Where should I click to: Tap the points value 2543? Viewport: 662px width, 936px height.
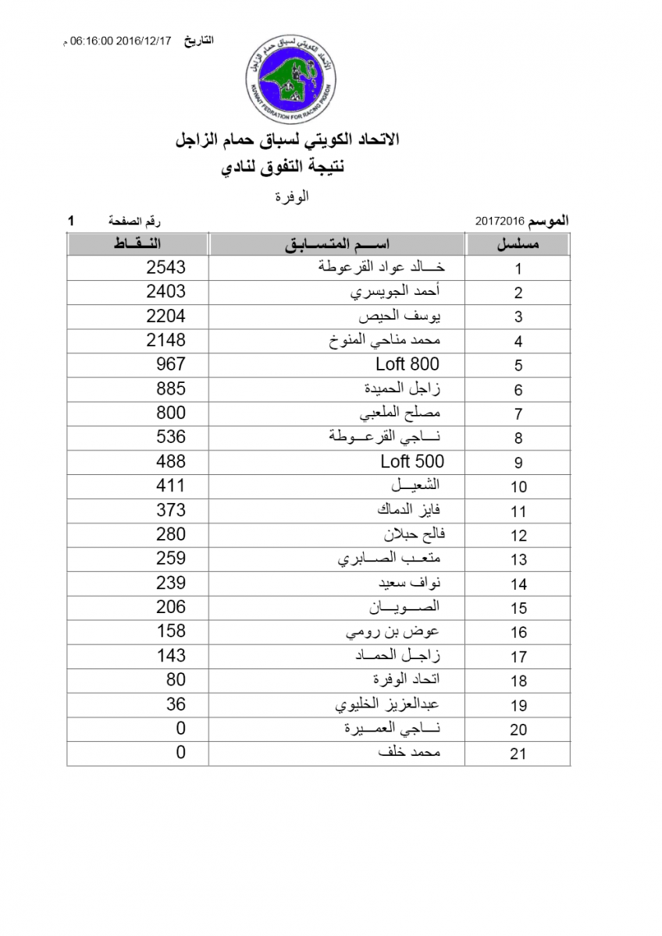point(166,268)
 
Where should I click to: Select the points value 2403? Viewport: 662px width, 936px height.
point(166,292)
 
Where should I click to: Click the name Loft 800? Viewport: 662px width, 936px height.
point(407,364)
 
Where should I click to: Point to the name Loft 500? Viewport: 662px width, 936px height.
point(412,461)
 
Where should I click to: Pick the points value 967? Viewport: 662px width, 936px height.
point(171,364)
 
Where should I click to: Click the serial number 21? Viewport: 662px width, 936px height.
point(518,753)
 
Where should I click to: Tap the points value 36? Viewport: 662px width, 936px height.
point(176,704)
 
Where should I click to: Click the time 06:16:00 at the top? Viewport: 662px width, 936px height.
point(93,41)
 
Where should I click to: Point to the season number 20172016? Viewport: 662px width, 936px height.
point(499,221)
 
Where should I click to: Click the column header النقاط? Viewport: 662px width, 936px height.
point(138,244)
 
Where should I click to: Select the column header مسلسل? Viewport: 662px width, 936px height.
point(518,244)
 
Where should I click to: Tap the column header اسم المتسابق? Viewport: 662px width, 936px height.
point(337,244)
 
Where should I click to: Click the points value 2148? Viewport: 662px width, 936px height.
point(166,340)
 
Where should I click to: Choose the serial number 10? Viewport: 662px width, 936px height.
point(518,487)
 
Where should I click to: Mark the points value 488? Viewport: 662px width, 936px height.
point(171,461)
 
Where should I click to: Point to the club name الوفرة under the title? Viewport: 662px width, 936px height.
point(294,197)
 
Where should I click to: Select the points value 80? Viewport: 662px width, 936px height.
point(176,680)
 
